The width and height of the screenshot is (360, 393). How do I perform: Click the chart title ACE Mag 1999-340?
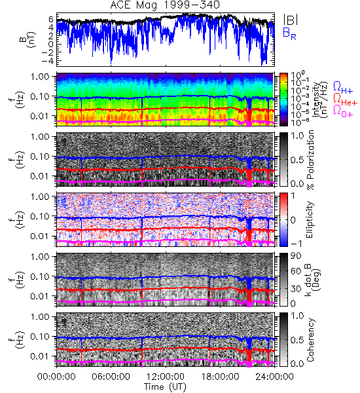point(165,5)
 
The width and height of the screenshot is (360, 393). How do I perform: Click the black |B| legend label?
point(291,20)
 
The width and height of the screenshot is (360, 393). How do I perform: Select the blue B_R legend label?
point(289,33)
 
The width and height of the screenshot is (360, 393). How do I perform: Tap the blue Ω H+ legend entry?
point(343,88)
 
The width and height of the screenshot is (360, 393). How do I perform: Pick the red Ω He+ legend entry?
point(345,100)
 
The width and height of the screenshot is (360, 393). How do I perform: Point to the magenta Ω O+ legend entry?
point(343,111)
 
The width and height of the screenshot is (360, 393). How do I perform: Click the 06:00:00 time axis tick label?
point(111,377)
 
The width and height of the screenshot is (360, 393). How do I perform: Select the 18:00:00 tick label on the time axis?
point(220,377)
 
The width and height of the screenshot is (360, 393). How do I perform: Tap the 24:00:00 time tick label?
point(274,377)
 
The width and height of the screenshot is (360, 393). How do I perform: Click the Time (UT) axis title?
point(165,386)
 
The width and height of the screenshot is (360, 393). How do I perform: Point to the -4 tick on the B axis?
point(48,61)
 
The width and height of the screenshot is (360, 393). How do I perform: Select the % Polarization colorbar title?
point(310,160)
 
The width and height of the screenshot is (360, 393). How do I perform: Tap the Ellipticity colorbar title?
point(310,219)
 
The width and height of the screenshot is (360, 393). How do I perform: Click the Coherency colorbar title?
point(310,340)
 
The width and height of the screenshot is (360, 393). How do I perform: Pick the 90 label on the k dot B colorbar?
point(296,256)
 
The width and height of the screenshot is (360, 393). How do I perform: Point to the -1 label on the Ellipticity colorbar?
point(297,244)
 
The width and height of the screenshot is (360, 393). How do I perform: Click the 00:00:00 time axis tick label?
point(56,377)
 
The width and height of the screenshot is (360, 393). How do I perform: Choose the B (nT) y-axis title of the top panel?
point(29,39)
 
